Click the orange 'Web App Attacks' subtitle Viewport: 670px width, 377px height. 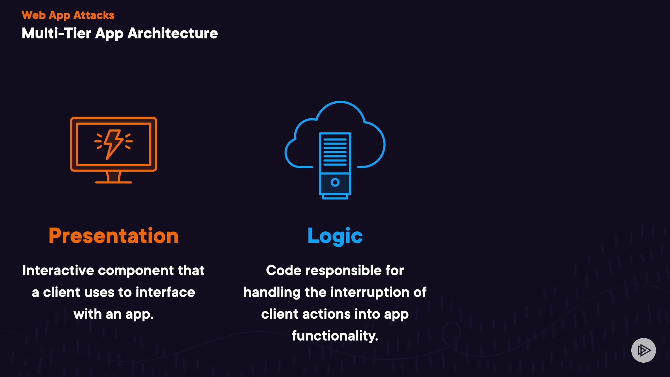[68, 15]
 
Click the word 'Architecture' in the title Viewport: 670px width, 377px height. [173, 34]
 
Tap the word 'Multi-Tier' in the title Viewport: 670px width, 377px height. [56, 34]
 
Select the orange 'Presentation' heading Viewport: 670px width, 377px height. [113, 236]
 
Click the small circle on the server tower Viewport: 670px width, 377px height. [335, 182]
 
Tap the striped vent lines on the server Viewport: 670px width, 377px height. [335, 152]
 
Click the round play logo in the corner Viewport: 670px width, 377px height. [643, 350]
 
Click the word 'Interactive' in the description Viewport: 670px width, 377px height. [58, 271]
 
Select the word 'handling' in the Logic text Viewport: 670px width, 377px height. [272, 293]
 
